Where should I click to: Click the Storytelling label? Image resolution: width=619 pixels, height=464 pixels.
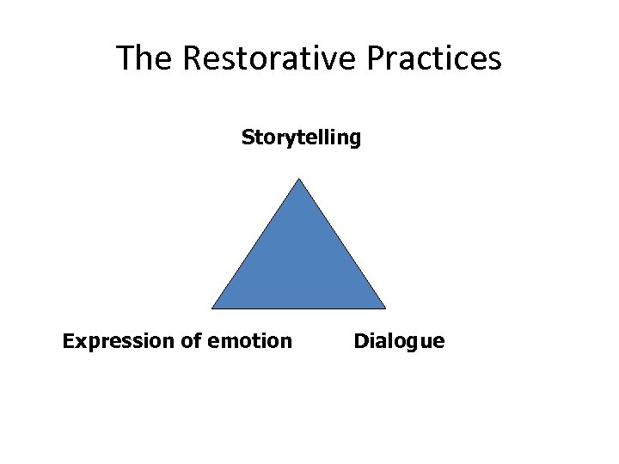point(301,137)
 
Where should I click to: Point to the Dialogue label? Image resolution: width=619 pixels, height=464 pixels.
point(399,342)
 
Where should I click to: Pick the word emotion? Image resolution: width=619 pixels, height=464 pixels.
point(249,342)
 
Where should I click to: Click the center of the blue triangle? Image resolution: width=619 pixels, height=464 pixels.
point(298,265)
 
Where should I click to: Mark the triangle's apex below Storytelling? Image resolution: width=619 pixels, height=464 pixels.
point(298,180)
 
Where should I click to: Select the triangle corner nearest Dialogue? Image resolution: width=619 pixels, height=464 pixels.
point(384,308)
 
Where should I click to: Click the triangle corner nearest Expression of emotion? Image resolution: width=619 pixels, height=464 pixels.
point(213,308)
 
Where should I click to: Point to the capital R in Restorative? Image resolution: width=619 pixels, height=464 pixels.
point(193,58)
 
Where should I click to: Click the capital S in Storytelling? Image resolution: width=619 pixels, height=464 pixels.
point(248,137)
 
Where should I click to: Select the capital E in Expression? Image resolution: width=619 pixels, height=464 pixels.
point(68,342)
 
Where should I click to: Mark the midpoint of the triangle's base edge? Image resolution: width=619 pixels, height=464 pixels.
point(298,308)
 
